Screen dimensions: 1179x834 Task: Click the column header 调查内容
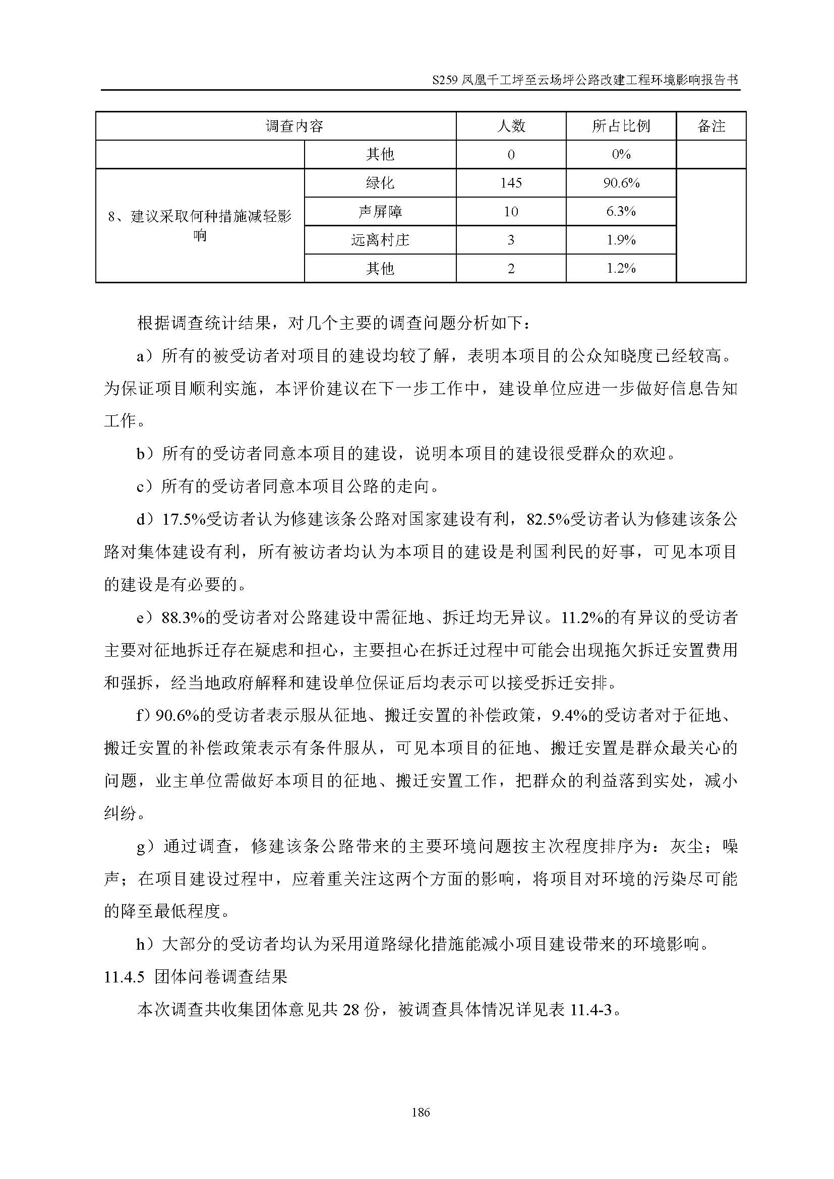[x=294, y=126]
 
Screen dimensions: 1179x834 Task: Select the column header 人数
[x=511, y=126]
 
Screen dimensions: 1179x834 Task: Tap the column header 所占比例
[x=621, y=126]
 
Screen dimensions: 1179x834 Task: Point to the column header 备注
[x=711, y=126]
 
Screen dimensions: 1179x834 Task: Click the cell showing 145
[x=511, y=183]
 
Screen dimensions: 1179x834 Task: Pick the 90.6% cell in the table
[x=621, y=183]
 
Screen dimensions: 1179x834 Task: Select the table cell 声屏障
[x=380, y=212]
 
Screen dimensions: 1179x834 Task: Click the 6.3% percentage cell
[x=621, y=212]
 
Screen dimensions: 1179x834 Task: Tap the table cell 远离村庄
[x=380, y=240]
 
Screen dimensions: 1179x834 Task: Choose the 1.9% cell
[x=621, y=240]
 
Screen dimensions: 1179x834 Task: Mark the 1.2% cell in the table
[x=621, y=268]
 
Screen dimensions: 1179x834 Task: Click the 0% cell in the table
[x=621, y=155]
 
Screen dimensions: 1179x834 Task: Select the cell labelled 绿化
[x=380, y=183]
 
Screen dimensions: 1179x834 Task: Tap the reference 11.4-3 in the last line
[x=590, y=1010]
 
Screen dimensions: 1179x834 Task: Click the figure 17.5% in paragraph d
[x=184, y=520]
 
